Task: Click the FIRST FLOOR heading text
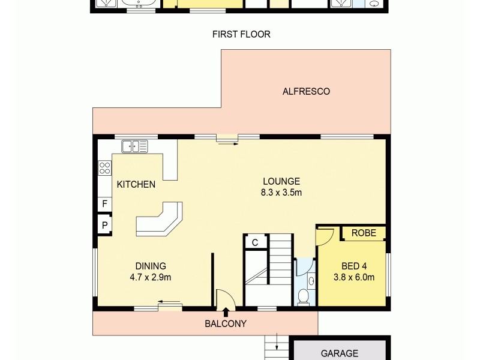pos(241,34)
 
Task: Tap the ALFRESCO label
pos(306,92)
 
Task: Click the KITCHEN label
pos(136,185)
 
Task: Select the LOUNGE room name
pos(281,181)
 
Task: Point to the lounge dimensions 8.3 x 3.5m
pos(281,193)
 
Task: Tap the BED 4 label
pos(354,266)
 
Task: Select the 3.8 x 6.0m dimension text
pos(354,277)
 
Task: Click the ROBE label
pos(364,233)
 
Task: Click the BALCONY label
pos(226,323)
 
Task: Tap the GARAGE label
pos(339,353)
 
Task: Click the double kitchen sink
pos(135,146)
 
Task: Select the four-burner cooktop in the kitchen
pos(104,168)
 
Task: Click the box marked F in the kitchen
pos(104,204)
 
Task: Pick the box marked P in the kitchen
pos(104,226)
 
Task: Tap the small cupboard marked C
pos(254,242)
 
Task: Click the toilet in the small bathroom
pos(304,295)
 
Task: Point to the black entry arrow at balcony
pos(226,312)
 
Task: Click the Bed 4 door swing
pos(324,236)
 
